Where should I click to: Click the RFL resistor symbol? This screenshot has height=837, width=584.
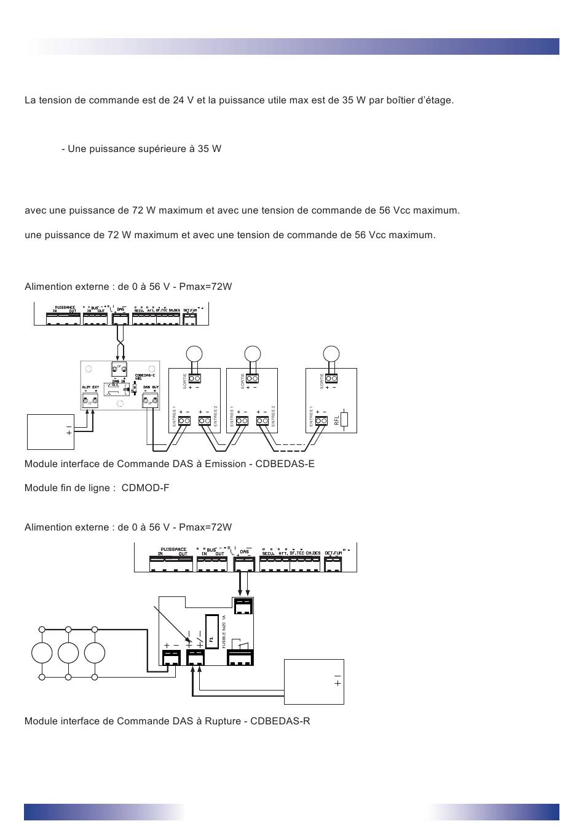click(344, 419)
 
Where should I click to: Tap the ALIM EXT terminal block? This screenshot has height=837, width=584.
click(90, 402)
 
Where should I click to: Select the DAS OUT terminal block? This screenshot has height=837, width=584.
click(150, 402)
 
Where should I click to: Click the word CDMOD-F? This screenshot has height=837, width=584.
click(145, 488)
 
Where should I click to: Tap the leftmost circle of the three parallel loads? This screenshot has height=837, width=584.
click(42, 652)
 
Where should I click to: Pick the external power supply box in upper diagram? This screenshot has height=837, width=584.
click(50, 431)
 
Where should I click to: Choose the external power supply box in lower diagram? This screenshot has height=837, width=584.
click(314, 681)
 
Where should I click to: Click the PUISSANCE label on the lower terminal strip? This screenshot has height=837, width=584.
click(173, 549)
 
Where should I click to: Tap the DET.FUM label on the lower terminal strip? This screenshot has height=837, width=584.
click(333, 553)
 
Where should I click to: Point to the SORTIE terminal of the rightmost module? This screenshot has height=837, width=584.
click(331, 378)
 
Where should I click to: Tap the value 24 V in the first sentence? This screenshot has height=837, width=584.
click(179, 100)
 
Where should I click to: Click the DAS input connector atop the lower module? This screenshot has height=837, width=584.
click(243, 606)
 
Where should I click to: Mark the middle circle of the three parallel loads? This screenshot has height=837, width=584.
click(68, 652)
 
